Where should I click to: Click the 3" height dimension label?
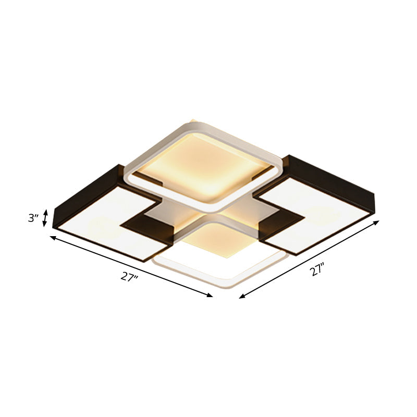pos(33,218)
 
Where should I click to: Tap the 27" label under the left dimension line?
pos(129,277)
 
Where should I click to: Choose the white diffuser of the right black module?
pos(313,208)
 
